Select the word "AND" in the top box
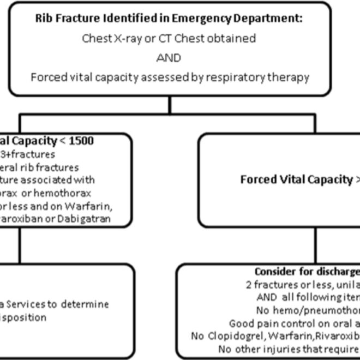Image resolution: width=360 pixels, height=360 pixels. click(x=169, y=57)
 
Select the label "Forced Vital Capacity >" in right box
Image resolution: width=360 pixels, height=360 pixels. click(x=300, y=180)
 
